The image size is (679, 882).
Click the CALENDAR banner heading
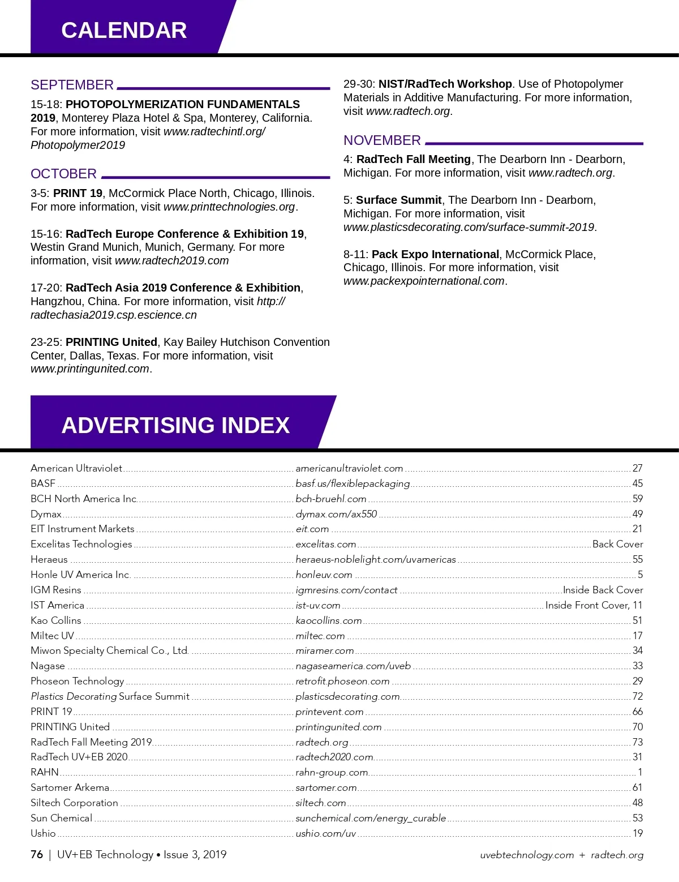pos(124,31)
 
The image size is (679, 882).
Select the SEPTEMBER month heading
pos(72,85)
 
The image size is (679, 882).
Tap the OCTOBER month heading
pos(63,174)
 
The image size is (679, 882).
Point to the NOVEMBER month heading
pos(382,140)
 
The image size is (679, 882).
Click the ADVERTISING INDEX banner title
pos(175,425)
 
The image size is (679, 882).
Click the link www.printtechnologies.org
pos(229,207)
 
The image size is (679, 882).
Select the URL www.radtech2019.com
pos(171,260)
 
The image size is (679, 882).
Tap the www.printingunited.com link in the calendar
pos(90,369)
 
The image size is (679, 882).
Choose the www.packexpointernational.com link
pos(424,281)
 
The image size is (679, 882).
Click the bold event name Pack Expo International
pos(435,254)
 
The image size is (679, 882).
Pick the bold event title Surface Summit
pos(398,200)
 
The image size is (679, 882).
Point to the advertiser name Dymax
pos(46,514)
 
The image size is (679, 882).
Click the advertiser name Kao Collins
pos(56,620)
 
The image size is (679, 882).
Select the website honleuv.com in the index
pos(324,575)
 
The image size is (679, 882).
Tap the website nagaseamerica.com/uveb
pos(353,666)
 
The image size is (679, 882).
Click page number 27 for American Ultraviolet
pos(637,468)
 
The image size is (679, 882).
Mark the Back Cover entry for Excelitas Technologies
pos(617,544)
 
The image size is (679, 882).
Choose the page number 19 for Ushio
pos(637,833)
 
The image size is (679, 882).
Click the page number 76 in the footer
pos(37,854)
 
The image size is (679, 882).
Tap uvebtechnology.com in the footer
pos(526,855)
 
